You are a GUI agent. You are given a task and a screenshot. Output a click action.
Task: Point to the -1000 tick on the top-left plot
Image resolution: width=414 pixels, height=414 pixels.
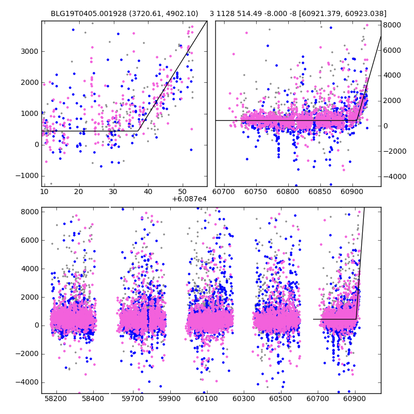point(29,175)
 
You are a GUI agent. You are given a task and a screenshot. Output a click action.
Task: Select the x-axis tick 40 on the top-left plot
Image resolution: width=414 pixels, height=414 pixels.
point(148,192)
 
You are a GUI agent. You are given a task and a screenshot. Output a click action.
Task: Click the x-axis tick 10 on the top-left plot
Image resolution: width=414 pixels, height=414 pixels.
point(45,192)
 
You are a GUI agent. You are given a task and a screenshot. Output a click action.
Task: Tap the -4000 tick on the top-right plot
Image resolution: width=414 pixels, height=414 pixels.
point(393,176)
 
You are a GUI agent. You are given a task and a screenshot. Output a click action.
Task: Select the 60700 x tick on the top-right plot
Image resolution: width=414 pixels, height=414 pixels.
point(223,192)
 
